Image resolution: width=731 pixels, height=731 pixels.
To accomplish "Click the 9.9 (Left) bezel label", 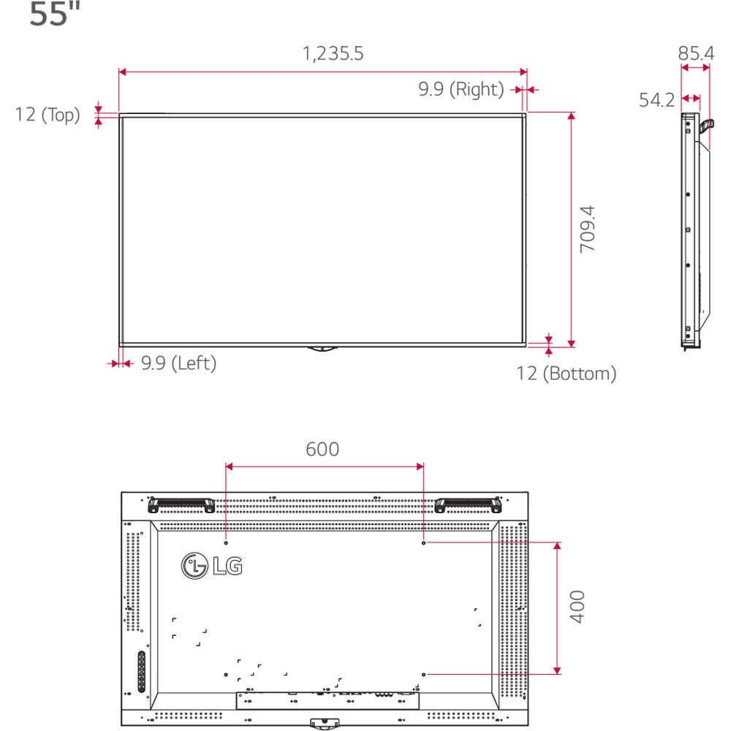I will click(178, 363).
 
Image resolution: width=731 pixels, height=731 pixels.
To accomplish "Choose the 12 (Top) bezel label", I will click(48, 115).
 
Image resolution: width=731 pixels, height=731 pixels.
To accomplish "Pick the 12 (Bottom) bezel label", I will click(567, 374).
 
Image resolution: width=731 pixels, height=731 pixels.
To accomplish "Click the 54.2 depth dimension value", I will click(657, 100).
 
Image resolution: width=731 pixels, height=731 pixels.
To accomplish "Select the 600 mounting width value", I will click(322, 449).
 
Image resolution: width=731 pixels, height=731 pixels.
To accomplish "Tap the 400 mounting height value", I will click(578, 607).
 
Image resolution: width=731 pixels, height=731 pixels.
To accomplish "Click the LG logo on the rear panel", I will click(212, 565).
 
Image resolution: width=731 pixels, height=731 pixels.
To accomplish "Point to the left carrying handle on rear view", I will click(180, 504).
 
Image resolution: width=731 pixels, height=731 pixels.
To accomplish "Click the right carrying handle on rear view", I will click(468, 504).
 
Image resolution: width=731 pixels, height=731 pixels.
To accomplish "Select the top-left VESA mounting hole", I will click(226, 542).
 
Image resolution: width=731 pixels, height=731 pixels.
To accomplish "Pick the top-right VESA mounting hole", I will click(424, 542).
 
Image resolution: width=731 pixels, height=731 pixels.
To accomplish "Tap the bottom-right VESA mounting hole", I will click(424, 673).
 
